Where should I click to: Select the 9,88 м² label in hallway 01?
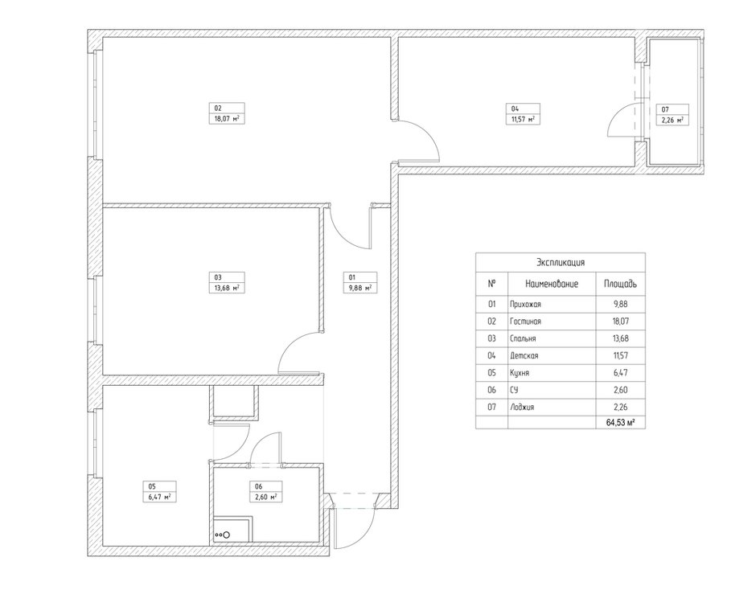[360, 288]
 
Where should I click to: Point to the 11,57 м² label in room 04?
[523, 119]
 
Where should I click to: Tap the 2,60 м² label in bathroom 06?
[265, 497]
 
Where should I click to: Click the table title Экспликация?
[561, 263]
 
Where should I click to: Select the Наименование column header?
[552, 284]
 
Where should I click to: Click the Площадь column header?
[620, 284]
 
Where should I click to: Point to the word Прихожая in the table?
[525, 305]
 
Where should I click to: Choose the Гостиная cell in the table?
[525, 322]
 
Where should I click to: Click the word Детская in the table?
[524, 356]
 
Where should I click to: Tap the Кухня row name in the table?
[520, 373]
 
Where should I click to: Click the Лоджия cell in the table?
[522, 407]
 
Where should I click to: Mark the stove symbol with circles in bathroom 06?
[222, 535]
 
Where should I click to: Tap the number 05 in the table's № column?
[491, 373]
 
